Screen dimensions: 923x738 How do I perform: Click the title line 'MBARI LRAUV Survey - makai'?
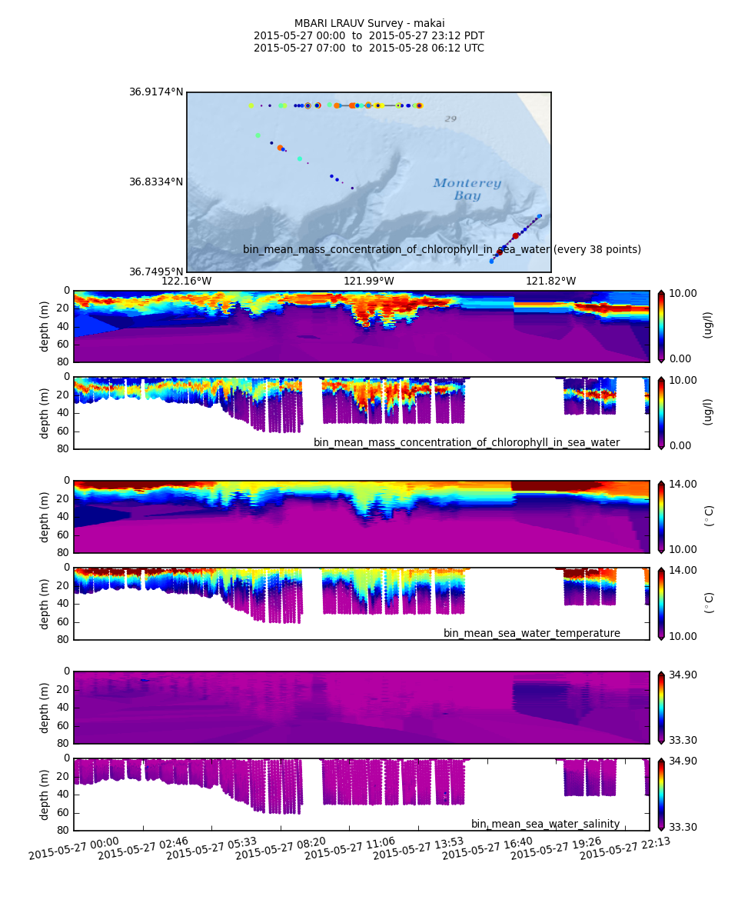click(369, 24)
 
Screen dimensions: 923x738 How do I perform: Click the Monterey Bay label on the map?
click(467, 190)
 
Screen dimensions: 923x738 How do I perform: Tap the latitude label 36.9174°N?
click(156, 92)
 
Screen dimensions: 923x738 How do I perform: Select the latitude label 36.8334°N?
click(156, 182)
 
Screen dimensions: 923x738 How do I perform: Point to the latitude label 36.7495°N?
click(156, 272)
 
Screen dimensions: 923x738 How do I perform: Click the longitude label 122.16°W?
click(186, 282)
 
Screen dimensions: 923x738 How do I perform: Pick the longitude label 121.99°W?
click(369, 282)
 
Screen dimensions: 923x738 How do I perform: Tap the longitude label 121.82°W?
click(550, 282)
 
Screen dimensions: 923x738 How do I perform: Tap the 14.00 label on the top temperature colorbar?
click(682, 484)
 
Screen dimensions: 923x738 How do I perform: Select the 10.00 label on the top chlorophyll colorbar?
click(682, 293)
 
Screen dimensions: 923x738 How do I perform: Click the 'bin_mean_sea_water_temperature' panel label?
click(531, 634)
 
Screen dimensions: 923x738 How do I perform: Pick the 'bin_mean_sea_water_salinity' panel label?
click(545, 825)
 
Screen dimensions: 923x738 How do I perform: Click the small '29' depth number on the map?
click(450, 119)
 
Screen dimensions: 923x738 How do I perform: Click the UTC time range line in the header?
click(369, 48)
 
